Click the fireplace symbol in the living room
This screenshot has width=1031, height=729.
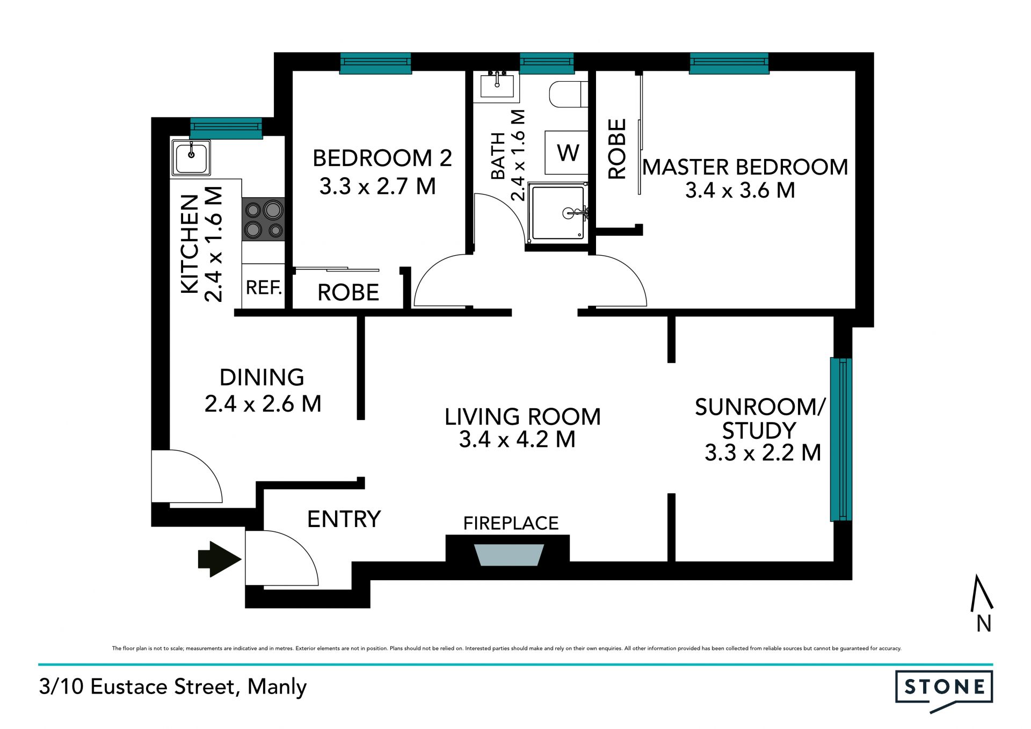(509, 554)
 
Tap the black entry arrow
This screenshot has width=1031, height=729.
(220, 559)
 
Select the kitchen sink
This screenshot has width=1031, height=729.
(191, 157)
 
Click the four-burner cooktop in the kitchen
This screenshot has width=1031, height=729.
(263, 219)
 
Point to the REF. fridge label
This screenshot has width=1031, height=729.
(264, 287)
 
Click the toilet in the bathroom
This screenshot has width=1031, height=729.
(568, 94)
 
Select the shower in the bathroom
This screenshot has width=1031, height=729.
(557, 213)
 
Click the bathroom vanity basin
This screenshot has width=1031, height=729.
(497, 86)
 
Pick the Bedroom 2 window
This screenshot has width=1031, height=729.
(376, 63)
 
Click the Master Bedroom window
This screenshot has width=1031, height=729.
(729, 63)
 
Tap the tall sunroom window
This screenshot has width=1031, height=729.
(841, 439)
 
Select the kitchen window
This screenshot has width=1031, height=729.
(226, 128)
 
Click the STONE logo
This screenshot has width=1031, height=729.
(944, 691)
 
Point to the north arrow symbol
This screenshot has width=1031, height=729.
(982, 603)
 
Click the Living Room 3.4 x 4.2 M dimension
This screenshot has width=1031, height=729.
(517, 439)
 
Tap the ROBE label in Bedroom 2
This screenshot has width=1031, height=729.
(348, 293)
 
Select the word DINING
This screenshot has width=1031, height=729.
(262, 377)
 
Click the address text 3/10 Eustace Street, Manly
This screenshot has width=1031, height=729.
(172, 687)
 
